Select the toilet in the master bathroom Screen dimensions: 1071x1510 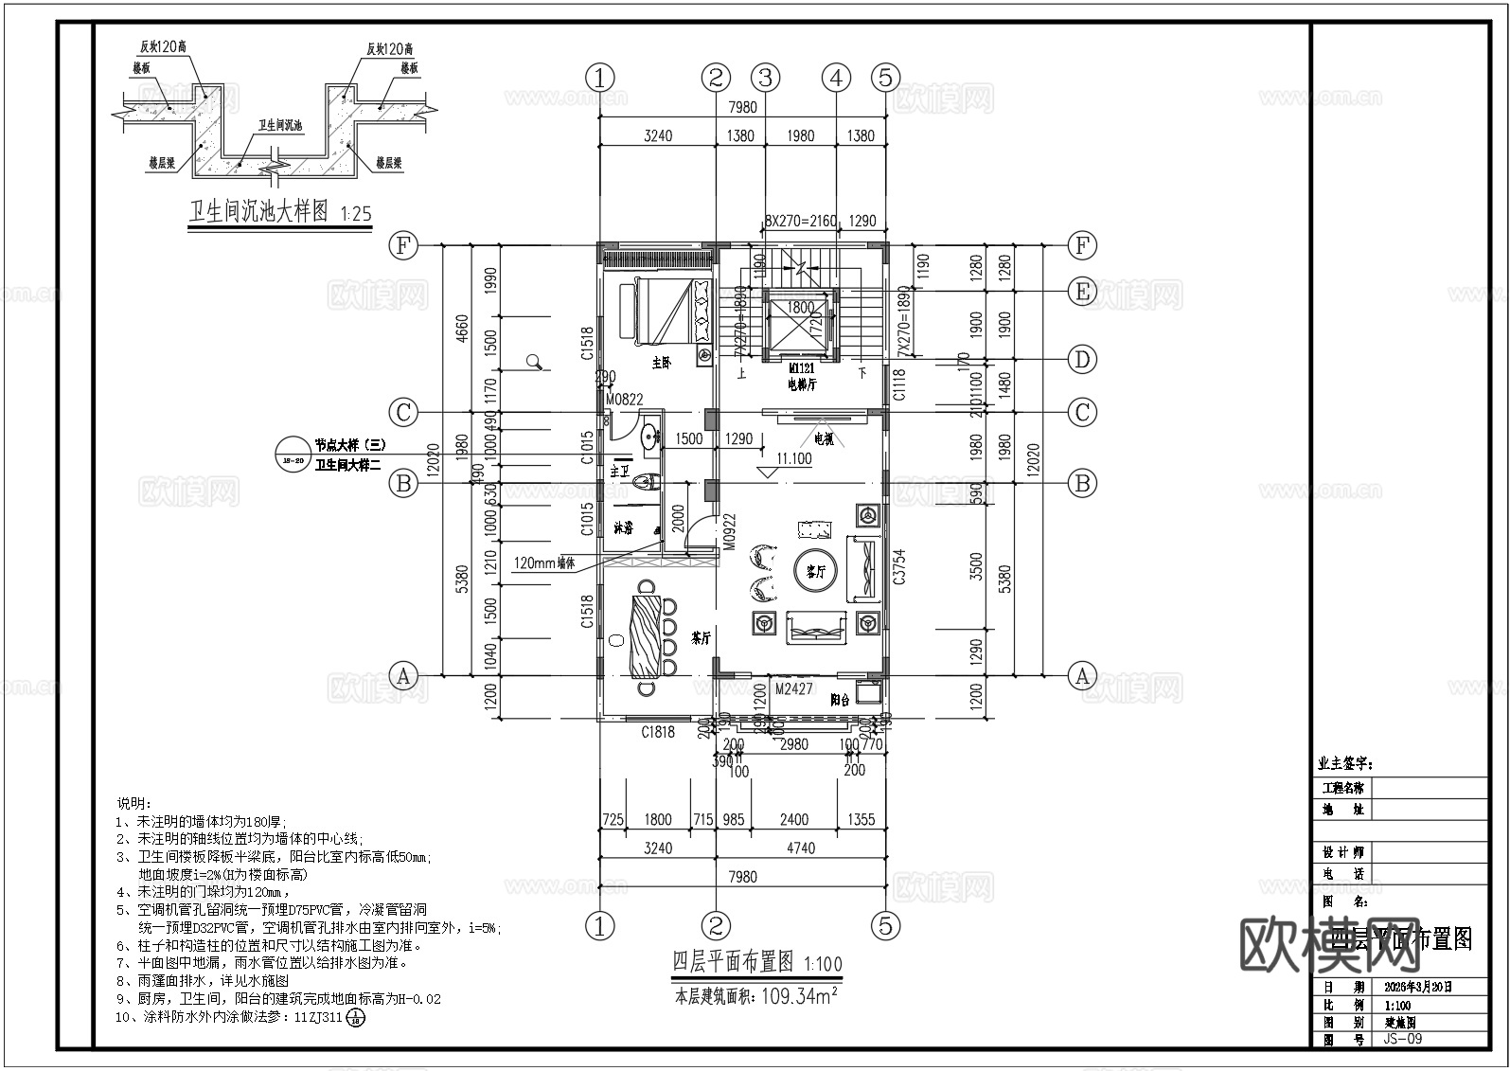coord(645,483)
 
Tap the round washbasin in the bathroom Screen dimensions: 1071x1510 coord(650,437)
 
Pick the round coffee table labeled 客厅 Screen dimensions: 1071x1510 coord(815,571)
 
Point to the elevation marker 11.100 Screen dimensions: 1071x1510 coord(793,458)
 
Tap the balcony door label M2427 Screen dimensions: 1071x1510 coord(793,689)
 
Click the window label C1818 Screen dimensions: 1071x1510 coord(658,731)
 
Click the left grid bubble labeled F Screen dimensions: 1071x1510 coord(403,246)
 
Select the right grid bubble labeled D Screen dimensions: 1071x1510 coord(1082,360)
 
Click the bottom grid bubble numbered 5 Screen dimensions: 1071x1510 coord(885,925)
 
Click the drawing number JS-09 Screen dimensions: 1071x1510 coord(1402,1039)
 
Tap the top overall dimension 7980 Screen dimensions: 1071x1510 coord(741,108)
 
